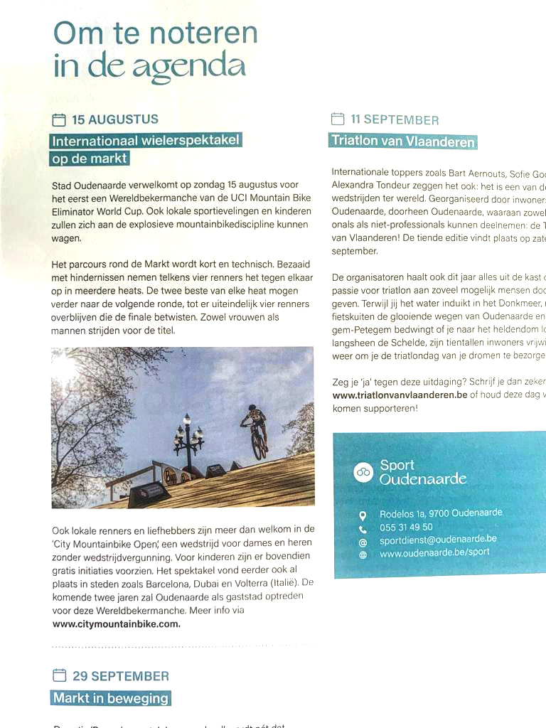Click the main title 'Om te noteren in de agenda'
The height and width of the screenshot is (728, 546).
pyautogui.click(x=155, y=50)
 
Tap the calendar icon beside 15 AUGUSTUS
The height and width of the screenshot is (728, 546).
pyautogui.click(x=59, y=119)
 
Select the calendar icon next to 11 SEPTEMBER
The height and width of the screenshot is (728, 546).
pyautogui.click(x=338, y=119)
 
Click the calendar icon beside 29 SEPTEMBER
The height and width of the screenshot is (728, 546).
pyautogui.click(x=60, y=675)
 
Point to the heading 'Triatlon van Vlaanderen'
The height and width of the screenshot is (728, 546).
pyautogui.click(x=402, y=141)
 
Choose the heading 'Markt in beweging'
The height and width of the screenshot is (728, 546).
pyautogui.click(x=111, y=698)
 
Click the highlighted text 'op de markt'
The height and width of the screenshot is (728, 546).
pyautogui.click(x=90, y=159)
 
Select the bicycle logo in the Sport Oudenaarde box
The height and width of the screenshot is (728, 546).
pyautogui.click(x=363, y=471)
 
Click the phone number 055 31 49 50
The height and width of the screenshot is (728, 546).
pyautogui.click(x=406, y=527)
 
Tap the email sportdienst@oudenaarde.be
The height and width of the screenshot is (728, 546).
pyautogui.click(x=438, y=540)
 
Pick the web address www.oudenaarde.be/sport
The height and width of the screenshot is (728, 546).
pyautogui.click(x=434, y=552)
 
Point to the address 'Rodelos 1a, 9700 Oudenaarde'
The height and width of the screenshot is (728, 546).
pyautogui.click(x=441, y=513)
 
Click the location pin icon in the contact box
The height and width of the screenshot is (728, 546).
pyautogui.click(x=363, y=515)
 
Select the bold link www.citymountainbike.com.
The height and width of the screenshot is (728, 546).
pyautogui.click(x=117, y=624)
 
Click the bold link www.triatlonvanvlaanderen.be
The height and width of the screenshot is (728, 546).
pyautogui.click(x=400, y=395)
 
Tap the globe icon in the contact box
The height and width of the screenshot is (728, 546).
pyautogui.click(x=363, y=555)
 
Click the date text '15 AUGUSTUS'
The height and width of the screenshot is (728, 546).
pyautogui.click(x=115, y=119)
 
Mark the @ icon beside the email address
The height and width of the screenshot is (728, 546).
pyautogui.click(x=363, y=542)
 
